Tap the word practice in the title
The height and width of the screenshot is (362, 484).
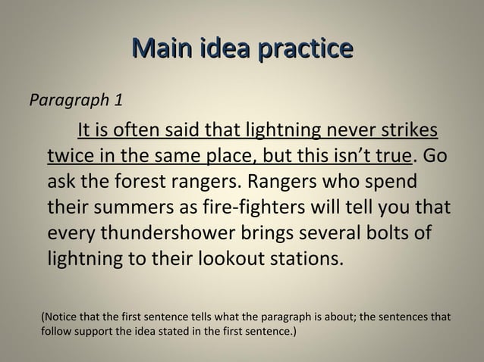(308, 51)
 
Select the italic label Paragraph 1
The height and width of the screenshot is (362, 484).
(76, 101)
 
